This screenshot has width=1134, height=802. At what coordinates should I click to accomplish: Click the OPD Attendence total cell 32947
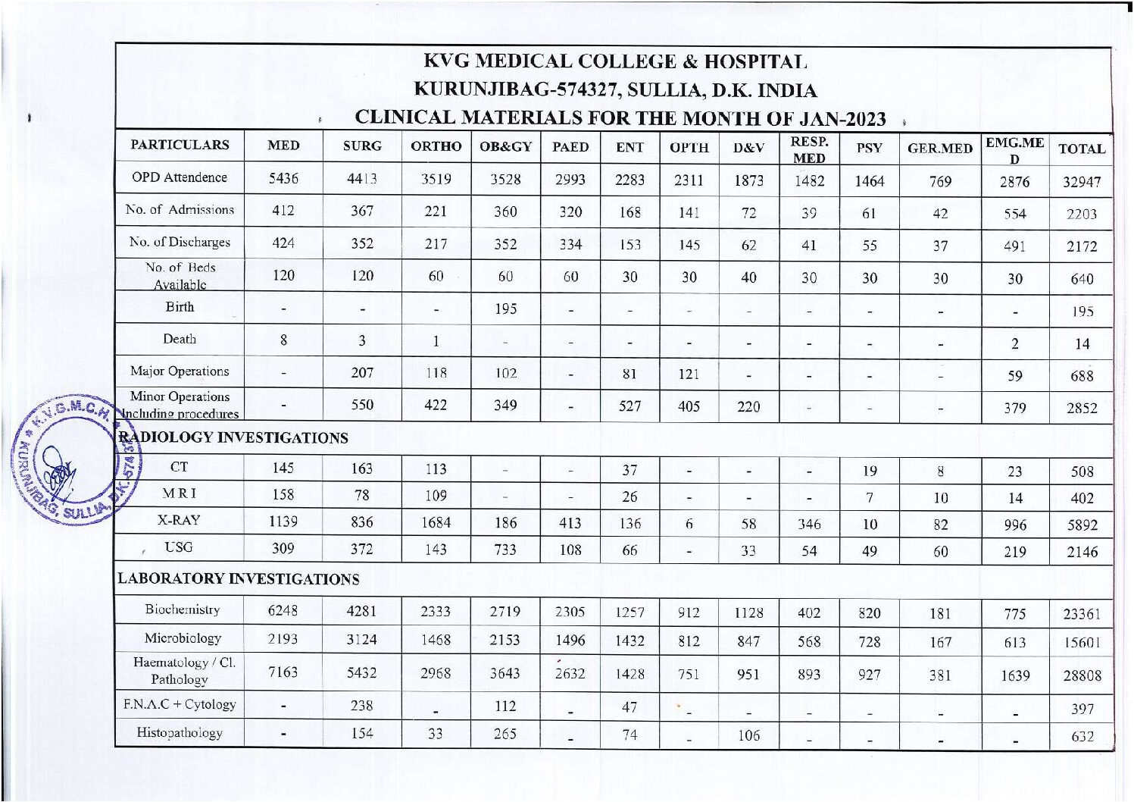(1081, 182)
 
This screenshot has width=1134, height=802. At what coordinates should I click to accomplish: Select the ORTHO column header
(436, 146)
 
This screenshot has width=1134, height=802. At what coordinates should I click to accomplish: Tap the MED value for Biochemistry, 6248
(283, 611)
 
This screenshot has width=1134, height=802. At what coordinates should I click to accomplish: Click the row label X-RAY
(180, 521)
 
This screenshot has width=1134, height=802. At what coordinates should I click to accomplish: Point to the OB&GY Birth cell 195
(505, 309)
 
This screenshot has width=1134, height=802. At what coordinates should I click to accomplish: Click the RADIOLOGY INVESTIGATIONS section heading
(233, 438)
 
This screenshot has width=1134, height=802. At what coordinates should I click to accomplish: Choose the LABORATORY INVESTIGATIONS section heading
(238, 579)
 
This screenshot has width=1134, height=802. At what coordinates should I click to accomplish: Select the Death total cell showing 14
(1082, 344)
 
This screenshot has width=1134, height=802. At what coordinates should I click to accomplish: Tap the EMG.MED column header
(1014, 149)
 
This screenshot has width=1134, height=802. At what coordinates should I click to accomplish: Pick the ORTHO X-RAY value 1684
(436, 523)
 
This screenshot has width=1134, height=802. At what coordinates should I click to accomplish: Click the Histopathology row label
(180, 733)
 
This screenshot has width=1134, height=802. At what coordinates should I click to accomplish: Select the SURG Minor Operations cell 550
(362, 405)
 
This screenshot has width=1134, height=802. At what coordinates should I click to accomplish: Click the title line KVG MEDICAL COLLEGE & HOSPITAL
(614, 61)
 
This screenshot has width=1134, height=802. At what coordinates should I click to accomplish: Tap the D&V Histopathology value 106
(748, 735)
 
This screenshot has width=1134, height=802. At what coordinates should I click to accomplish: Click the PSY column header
(869, 149)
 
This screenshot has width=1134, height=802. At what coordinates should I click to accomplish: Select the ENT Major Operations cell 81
(629, 374)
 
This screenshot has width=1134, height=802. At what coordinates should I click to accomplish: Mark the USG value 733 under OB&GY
(505, 550)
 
